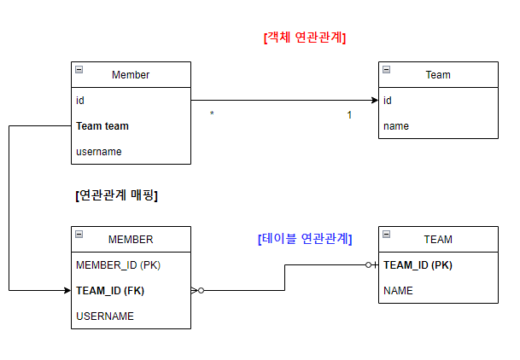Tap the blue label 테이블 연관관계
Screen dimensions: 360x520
pos(305,239)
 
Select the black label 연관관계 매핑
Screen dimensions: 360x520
pos(117,195)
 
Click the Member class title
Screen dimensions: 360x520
pos(131,75)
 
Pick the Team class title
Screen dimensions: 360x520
pos(438,75)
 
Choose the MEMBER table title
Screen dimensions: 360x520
pos(131,240)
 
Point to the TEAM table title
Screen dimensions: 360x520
pos(438,240)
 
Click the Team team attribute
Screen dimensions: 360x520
pos(102,126)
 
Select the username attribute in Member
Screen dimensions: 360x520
pos(99,152)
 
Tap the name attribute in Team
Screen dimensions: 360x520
pos(396,126)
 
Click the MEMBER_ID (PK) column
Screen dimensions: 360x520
pos(118,265)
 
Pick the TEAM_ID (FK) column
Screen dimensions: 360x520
pos(109,291)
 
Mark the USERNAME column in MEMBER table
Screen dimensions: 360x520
pos(105,316)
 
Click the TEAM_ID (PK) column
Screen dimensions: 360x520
pos(418,265)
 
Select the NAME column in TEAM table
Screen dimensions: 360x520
pos(398,291)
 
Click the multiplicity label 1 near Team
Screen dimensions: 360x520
pos(349,114)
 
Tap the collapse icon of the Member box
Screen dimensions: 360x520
pos(79,70)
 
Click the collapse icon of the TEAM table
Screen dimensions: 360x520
pos(387,235)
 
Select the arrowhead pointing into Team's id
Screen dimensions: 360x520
pos(374,101)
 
